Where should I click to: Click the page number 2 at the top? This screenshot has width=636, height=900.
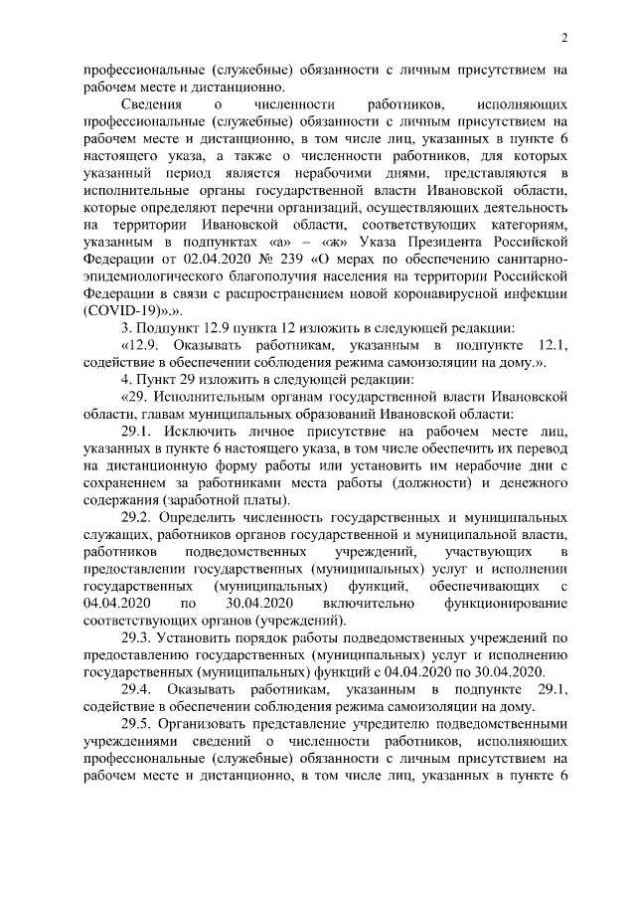(x=563, y=39)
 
